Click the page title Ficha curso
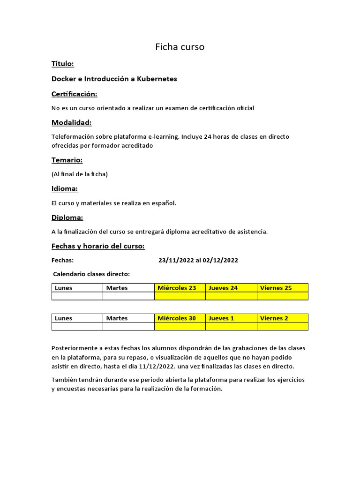[180, 47]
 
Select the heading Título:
[62, 64]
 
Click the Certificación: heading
[74, 94]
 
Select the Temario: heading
[67, 160]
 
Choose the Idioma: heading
[64, 188]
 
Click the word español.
[164, 203]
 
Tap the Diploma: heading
[67, 217]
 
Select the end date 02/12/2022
[220, 260]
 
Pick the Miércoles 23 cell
[177, 288]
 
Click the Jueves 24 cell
[223, 288]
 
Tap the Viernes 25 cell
[276, 288]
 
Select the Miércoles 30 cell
[177, 318]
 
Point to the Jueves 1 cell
[221, 318]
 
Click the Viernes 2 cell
[274, 318]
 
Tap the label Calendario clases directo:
[91, 274]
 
